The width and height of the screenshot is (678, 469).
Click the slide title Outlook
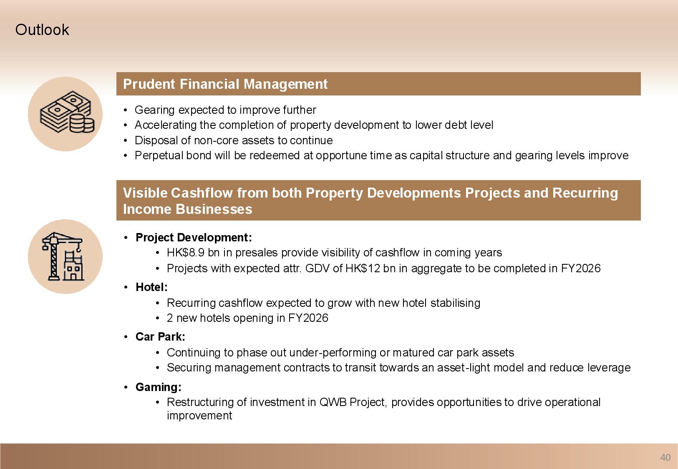point(42,30)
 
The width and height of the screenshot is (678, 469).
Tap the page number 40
point(665,457)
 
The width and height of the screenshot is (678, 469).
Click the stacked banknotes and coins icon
point(67,112)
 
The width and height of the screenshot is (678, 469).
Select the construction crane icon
point(63,256)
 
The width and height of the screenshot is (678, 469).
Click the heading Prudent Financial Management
point(225,84)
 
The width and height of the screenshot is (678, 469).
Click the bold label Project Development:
point(194,237)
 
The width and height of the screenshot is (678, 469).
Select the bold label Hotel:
point(151,287)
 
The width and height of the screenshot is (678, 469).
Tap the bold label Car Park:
point(160,336)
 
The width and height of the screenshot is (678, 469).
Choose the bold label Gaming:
point(158,387)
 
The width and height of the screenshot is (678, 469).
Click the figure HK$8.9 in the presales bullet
point(185,253)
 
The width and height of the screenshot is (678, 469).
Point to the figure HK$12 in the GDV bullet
point(363,268)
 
